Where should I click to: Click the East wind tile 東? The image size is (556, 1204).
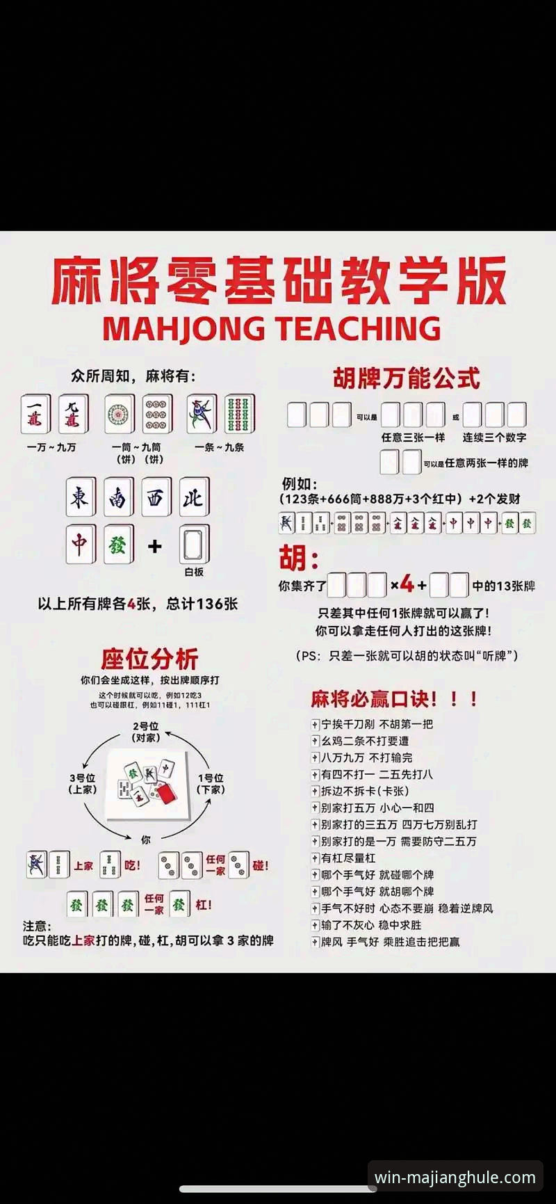(81, 497)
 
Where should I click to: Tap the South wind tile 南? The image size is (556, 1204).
(118, 497)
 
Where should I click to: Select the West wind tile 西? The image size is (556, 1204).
(156, 497)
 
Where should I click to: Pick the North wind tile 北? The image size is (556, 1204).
(193, 497)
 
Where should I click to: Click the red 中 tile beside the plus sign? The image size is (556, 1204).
(81, 544)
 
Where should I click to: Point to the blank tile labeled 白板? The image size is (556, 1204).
(194, 545)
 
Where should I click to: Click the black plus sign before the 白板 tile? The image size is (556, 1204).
(155, 546)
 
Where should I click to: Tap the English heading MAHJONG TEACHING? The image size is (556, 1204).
(272, 328)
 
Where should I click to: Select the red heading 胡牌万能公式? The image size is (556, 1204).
(406, 378)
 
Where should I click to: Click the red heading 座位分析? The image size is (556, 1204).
(149, 658)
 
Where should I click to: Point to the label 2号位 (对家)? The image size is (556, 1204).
(146, 732)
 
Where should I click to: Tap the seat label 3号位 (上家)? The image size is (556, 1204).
(82, 783)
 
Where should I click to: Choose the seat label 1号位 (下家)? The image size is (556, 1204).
(211, 783)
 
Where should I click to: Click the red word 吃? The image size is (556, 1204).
(132, 865)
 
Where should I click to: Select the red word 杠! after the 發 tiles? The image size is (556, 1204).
(203, 904)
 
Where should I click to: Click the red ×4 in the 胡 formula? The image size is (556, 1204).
(402, 584)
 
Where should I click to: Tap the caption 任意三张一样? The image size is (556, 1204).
(413, 438)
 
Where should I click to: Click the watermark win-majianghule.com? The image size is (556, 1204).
(455, 1178)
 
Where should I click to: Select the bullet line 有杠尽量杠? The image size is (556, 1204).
(348, 858)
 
